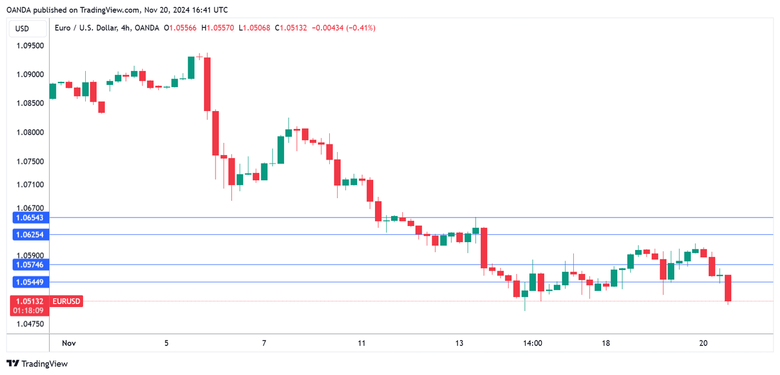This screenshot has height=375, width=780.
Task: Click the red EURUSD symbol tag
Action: (66, 301)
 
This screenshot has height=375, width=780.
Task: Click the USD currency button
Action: (22, 28)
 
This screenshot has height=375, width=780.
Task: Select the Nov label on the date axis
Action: (69, 343)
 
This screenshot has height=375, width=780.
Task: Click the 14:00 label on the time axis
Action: (533, 343)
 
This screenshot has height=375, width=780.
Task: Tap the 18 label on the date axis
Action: (606, 343)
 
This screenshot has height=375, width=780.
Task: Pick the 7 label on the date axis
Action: (264, 343)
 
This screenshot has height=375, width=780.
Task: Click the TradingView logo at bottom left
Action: (37, 364)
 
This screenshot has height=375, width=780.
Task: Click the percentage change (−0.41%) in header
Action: (360, 28)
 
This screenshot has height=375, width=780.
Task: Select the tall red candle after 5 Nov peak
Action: (207, 84)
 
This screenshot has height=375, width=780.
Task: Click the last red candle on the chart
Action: (728, 289)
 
